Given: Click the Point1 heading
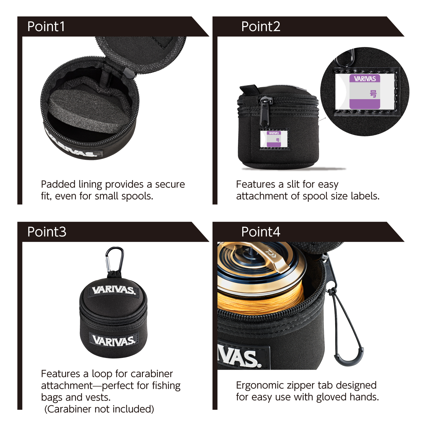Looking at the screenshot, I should click(x=46, y=27).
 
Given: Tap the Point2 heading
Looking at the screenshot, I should click(x=261, y=27).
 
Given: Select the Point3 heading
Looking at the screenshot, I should click(x=47, y=232).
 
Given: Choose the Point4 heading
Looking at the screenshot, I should click(x=261, y=232).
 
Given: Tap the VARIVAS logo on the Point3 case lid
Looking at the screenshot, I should click(x=114, y=290).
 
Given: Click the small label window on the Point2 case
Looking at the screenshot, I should click(x=274, y=139).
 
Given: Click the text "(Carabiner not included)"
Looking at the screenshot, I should click(x=99, y=409).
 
